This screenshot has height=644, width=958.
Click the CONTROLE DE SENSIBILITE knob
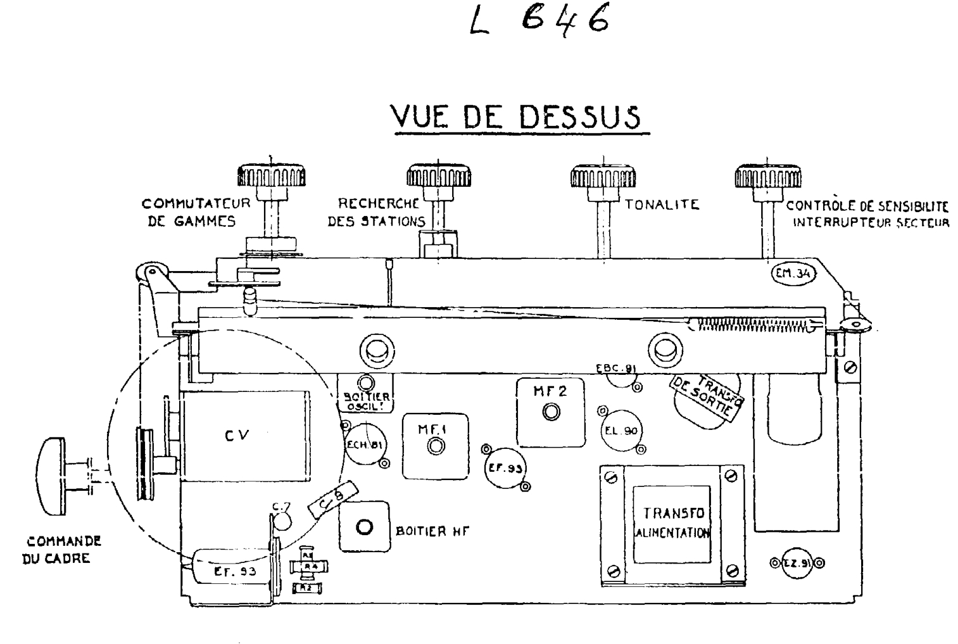[767, 175]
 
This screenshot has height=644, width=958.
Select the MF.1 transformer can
[436, 445]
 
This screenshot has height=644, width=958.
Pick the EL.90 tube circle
[621, 431]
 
